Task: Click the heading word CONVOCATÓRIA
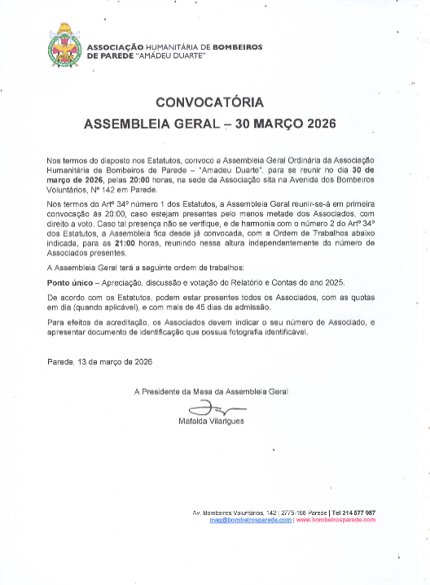[209, 103]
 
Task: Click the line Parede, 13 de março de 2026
[99, 361]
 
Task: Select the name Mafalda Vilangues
[212, 421]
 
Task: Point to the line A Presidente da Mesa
[211, 391]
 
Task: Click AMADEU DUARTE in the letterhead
[176, 56]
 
